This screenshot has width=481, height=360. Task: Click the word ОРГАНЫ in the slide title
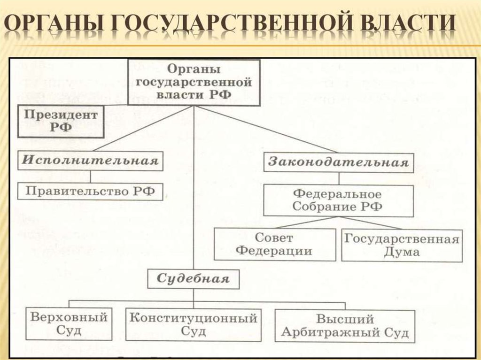click(x=52, y=24)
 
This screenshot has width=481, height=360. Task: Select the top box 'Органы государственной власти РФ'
click(x=194, y=82)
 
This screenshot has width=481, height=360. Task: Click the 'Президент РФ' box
click(x=61, y=121)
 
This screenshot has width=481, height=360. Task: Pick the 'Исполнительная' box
click(x=91, y=161)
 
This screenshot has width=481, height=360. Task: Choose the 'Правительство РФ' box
click(x=90, y=191)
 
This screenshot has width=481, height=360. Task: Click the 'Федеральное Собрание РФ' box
click(x=338, y=200)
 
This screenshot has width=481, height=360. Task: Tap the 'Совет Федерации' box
click(x=274, y=244)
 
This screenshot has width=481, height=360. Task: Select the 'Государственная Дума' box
click(x=401, y=245)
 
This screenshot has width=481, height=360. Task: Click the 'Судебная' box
click(x=194, y=279)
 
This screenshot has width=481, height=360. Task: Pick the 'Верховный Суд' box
click(x=69, y=324)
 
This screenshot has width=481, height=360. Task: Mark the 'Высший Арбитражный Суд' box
click(x=344, y=326)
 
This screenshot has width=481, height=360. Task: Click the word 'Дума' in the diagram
click(x=401, y=252)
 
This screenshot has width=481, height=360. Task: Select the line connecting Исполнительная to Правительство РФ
click(x=91, y=176)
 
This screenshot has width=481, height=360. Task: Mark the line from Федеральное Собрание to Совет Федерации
click(x=301, y=222)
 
